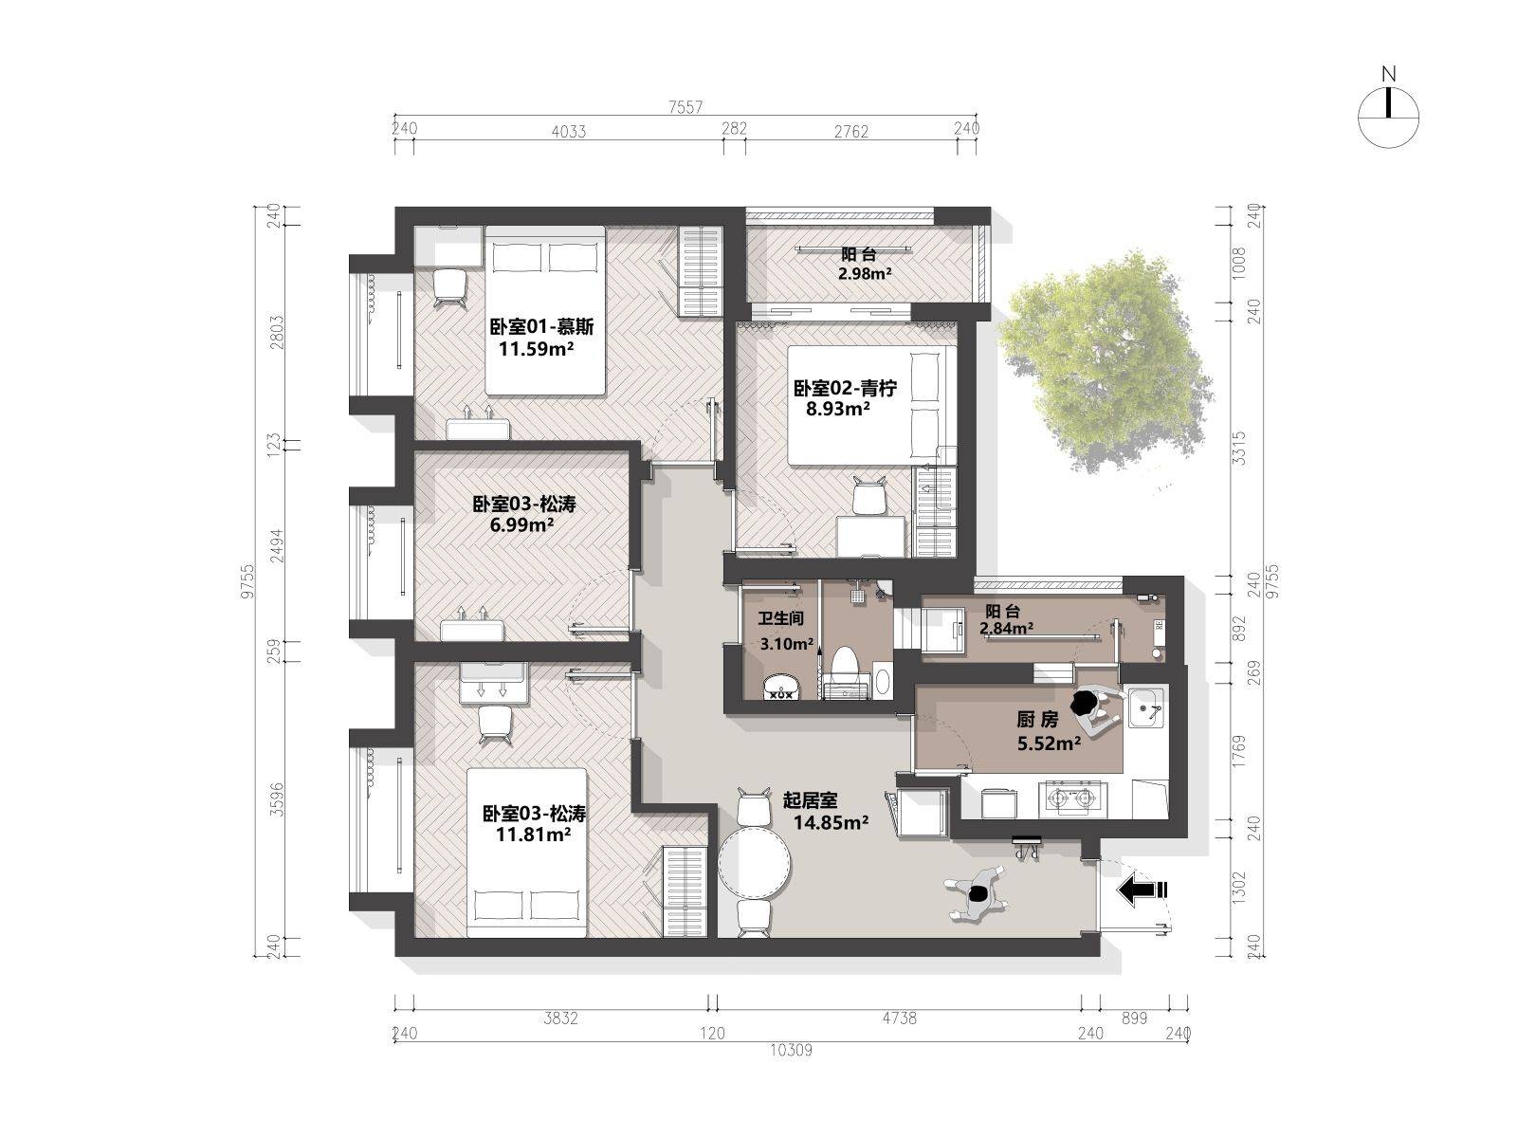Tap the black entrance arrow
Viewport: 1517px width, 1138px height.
tap(1142, 890)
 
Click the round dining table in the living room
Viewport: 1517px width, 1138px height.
tap(754, 863)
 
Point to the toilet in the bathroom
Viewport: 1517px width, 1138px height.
tap(844, 671)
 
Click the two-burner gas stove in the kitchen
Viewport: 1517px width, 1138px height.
tap(1071, 798)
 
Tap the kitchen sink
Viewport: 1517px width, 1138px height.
tap(1146, 707)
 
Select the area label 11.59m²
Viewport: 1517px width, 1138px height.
tap(537, 348)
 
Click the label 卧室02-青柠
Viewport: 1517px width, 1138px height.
tap(845, 388)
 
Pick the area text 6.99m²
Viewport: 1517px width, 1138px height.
tap(521, 525)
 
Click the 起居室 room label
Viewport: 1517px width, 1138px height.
tap(810, 800)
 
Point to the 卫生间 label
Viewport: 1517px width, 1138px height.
tap(781, 618)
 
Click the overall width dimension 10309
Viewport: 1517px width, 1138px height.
tap(792, 1050)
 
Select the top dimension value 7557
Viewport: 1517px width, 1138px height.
tap(685, 107)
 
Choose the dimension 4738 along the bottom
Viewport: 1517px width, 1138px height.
tap(899, 1018)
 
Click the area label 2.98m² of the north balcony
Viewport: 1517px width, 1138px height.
tap(865, 274)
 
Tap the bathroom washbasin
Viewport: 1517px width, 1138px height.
tap(782, 687)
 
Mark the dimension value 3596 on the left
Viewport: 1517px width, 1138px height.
tap(277, 799)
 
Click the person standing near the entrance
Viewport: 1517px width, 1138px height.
tap(978, 893)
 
